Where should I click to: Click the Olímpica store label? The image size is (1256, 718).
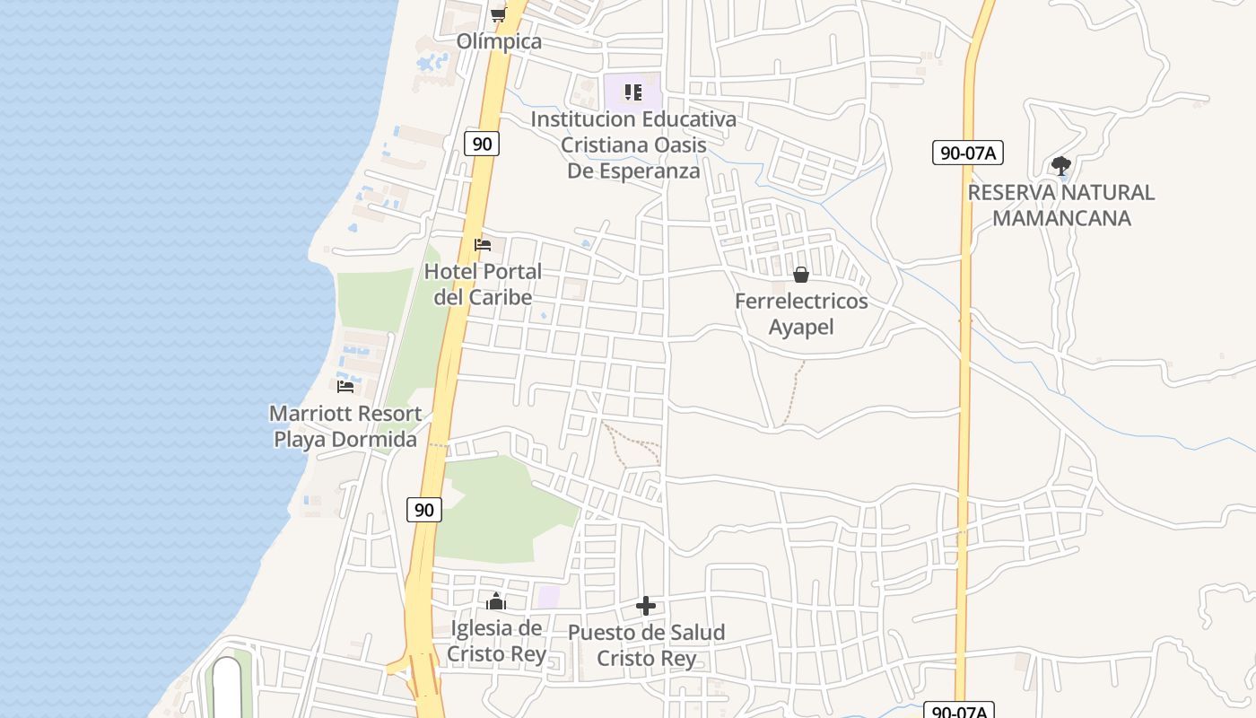click(x=499, y=41)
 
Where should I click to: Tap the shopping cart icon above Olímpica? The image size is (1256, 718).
click(x=498, y=14)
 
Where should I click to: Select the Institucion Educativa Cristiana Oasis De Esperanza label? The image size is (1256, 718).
click(x=633, y=144)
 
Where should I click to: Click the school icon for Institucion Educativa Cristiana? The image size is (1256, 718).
click(x=633, y=92)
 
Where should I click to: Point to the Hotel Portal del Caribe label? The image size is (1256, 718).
click(x=483, y=284)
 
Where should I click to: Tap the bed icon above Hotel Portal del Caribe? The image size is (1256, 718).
click(x=483, y=245)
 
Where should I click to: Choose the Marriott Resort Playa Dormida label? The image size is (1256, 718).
click(x=345, y=426)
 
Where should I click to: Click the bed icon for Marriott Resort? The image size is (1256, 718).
click(x=345, y=387)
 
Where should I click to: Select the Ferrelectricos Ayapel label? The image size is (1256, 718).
click(x=801, y=313)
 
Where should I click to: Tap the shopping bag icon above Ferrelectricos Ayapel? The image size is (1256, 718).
click(x=801, y=275)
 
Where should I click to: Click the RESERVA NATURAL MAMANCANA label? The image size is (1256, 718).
click(x=1061, y=205)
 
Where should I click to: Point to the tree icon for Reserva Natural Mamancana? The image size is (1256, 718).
click(x=1061, y=166)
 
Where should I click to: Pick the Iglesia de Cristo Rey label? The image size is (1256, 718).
click(x=496, y=641)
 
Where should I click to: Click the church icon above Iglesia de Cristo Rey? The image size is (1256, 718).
click(x=496, y=601)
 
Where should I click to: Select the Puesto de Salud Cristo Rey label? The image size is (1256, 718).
click(x=646, y=645)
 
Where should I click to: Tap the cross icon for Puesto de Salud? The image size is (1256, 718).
click(x=646, y=607)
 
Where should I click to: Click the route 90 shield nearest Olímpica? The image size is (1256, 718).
click(x=482, y=144)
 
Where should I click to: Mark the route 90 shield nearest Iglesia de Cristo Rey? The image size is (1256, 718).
click(x=424, y=510)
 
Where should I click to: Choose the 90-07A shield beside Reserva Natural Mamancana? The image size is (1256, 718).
click(x=967, y=153)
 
